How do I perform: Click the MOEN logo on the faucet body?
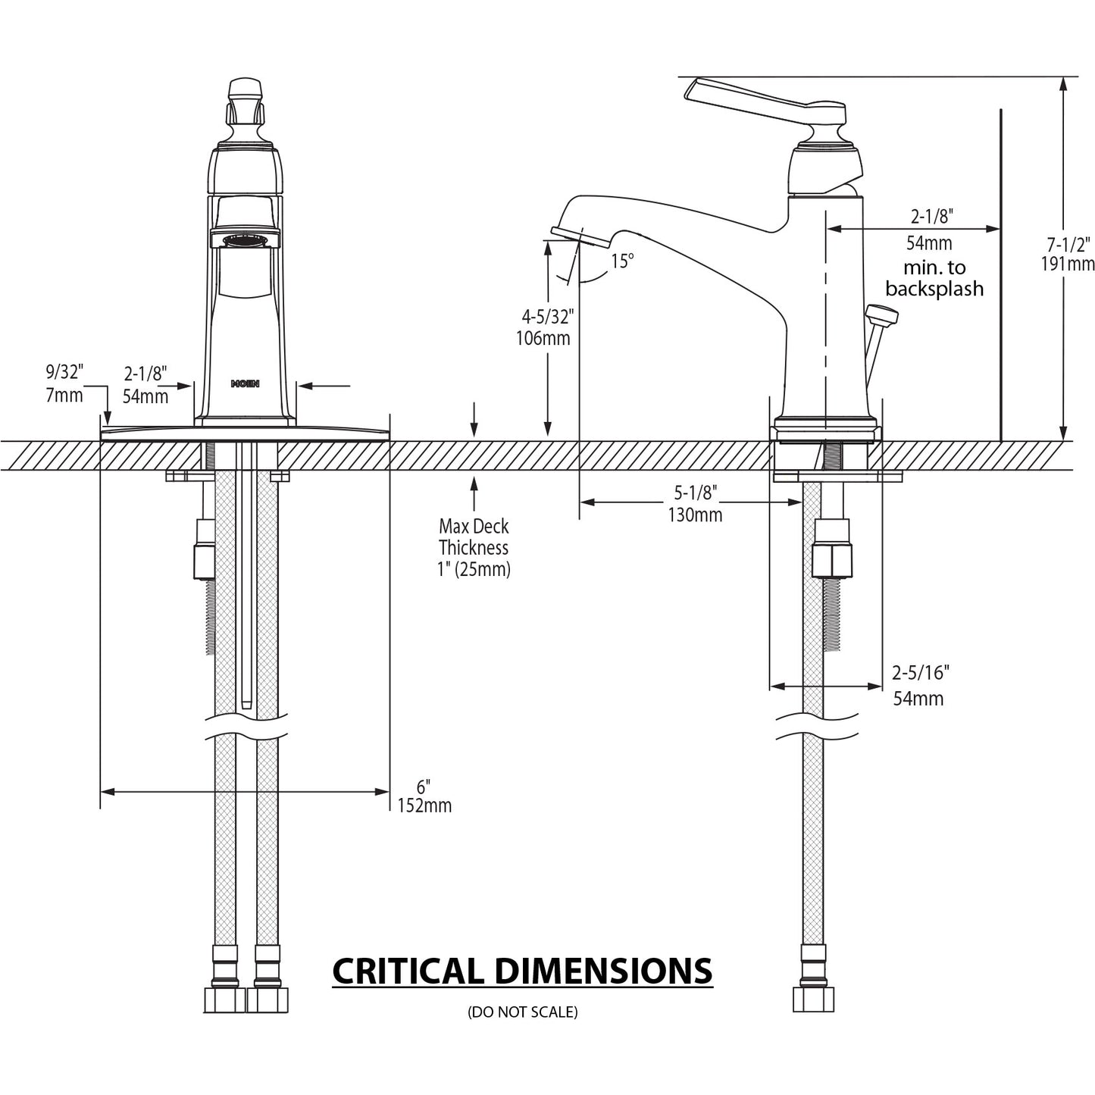(x=245, y=383)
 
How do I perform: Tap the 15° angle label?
(x=622, y=261)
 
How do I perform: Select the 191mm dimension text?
(x=1068, y=264)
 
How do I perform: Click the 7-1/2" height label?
(x=1068, y=245)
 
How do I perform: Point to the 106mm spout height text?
(x=544, y=338)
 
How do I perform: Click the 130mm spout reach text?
(x=695, y=515)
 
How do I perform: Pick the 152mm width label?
(x=424, y=806)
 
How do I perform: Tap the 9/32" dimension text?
(x=64, y=372)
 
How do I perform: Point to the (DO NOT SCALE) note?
(x=523, y=1012)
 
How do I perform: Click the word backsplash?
(x=934, y=289)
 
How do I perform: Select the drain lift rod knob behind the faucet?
(x=880, y=313)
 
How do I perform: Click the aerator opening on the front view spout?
(x=245, y=241)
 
